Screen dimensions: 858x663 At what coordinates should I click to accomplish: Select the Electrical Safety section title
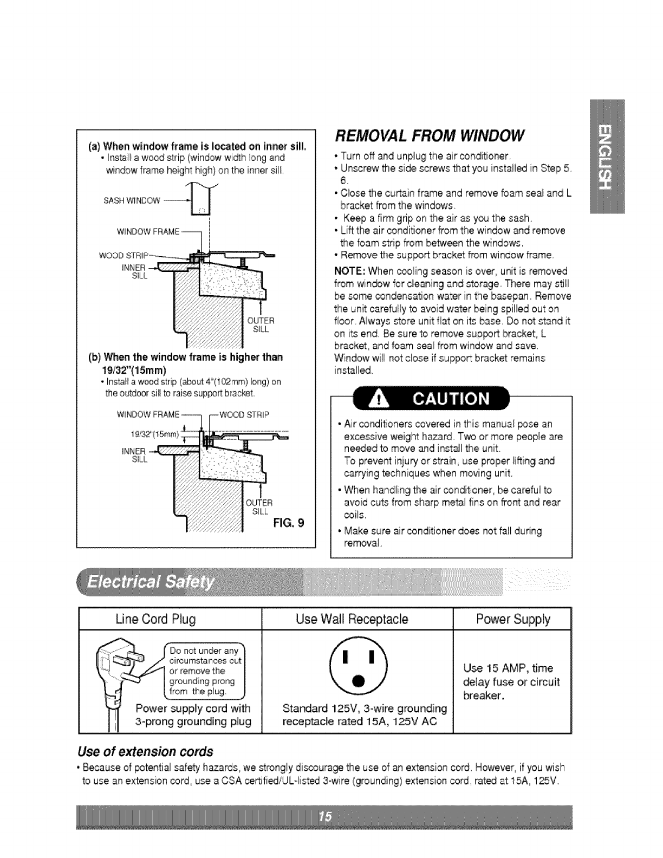(x=152, y=583)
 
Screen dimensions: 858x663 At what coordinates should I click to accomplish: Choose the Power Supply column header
(x=512, y=619)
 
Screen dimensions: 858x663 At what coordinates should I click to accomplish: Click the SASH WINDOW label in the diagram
(x=132, y=201)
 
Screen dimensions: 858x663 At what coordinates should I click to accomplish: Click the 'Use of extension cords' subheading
(x=146, y=752)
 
